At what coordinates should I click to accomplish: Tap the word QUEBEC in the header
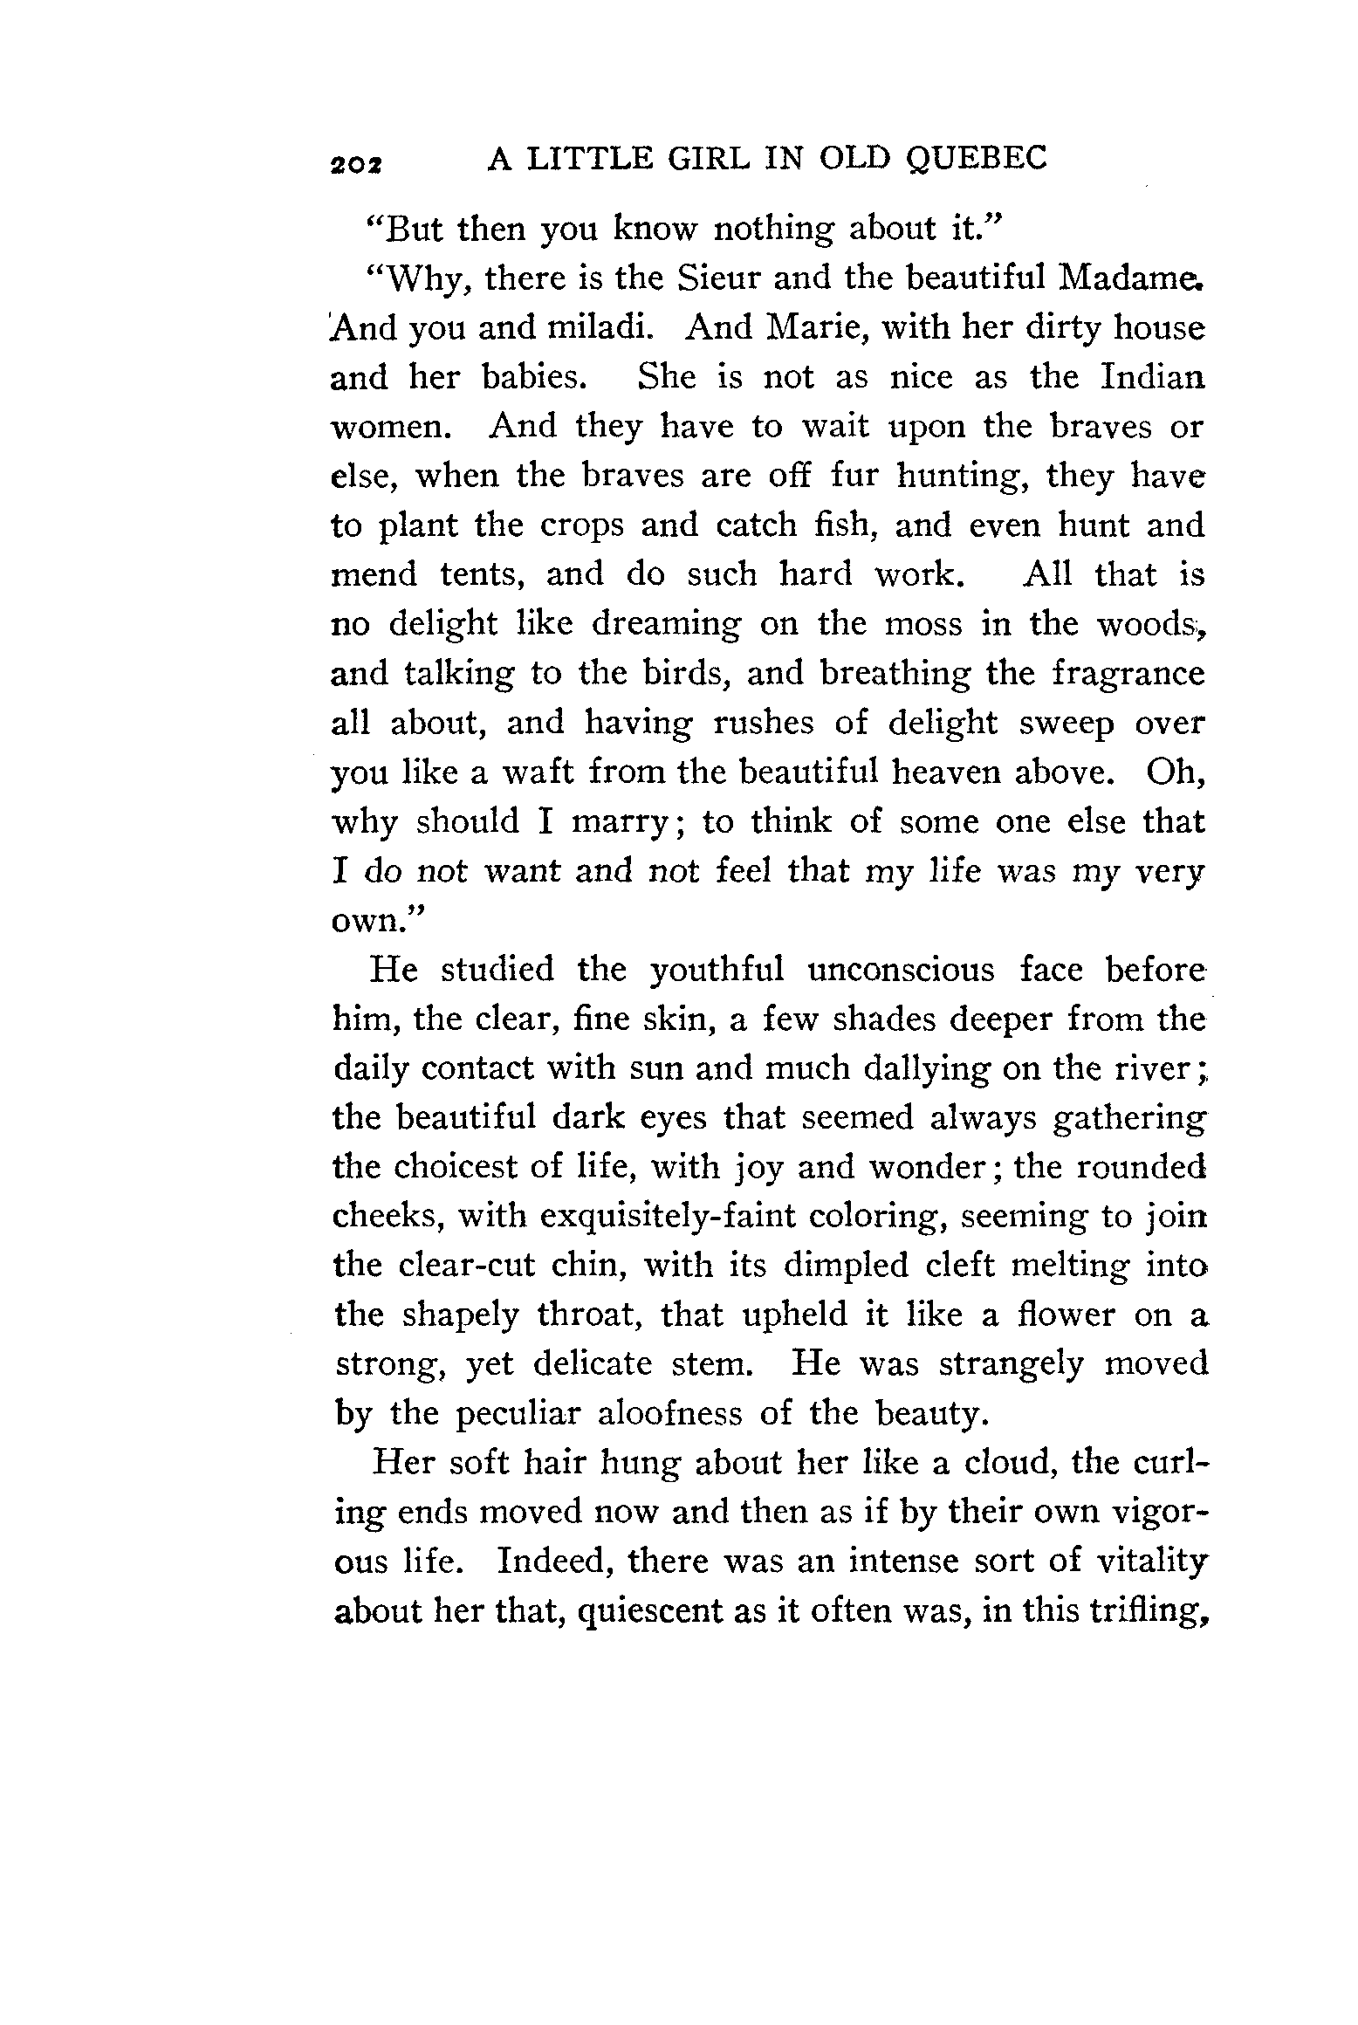977,158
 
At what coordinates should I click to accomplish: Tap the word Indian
1152,377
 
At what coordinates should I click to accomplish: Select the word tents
482,574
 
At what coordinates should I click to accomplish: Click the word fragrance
1128,674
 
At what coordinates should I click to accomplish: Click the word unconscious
902,970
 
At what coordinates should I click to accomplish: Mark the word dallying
926,1068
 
